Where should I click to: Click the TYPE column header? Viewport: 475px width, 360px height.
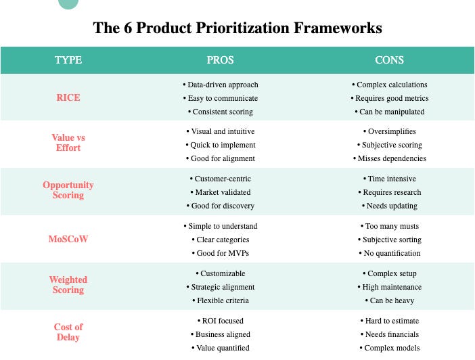coord(68,60)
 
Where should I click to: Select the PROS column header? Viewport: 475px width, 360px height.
coord(220,60)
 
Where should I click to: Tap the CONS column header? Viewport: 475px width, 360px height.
coord(389,60)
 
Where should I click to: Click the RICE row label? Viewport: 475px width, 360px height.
coord(68,97)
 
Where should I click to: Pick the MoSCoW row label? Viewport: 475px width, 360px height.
coord(68,239)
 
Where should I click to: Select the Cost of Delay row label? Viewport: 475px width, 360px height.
coord(68,332)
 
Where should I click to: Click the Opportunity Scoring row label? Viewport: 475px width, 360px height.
coord(68,190)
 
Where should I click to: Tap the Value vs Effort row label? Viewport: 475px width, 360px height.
coord(68,143)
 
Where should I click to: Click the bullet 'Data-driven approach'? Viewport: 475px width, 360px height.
coord(221,85)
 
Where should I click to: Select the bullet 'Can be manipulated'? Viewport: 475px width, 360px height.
coord(389,112)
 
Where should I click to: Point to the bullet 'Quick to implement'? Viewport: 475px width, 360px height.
coord(221,145)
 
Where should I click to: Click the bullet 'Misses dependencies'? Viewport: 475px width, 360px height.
coord(389,158)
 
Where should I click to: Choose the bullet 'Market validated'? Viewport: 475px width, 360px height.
coord(221,192)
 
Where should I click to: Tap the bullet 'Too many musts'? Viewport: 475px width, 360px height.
coord(389,226)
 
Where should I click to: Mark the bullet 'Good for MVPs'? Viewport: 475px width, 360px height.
coord(221,253)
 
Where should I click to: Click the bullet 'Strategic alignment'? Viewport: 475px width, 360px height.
coord(221,287)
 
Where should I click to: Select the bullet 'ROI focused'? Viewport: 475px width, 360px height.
coord(221,321)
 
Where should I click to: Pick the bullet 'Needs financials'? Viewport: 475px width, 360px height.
coord(389,334)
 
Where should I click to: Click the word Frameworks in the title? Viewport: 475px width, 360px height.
coord(331,28)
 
